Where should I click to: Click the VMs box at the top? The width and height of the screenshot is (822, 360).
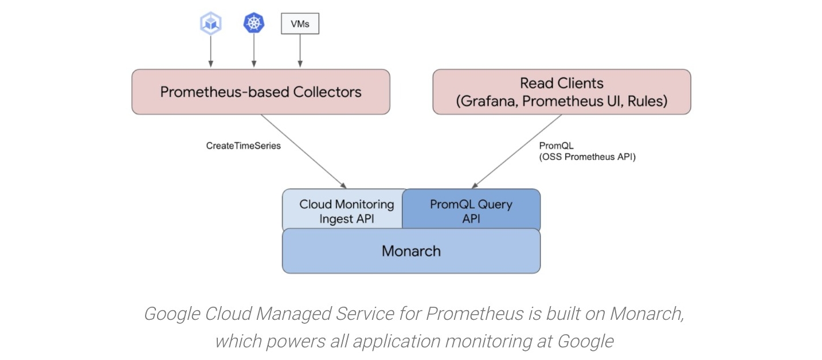[300, 24]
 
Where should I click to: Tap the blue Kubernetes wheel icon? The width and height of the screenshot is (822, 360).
[254, 24]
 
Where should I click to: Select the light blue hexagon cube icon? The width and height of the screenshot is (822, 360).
[210, 24]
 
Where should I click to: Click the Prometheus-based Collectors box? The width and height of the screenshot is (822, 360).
[261, 92]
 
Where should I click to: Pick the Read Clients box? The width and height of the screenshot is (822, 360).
[561, 92]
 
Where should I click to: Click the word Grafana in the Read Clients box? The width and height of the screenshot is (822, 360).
[487, 101]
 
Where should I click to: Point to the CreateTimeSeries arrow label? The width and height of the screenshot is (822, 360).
[244, 146]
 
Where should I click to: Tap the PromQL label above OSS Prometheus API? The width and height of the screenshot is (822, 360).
[556, 146]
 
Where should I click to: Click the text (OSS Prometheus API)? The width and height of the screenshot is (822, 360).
[587, 156]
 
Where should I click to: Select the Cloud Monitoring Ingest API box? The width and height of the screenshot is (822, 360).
[344, 211]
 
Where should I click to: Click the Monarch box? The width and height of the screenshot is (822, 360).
[411, 251]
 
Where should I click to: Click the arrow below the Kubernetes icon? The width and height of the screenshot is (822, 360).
[254, 52]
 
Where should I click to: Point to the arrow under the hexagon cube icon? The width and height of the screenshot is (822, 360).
[210, 52]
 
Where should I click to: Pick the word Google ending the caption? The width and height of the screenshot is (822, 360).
[585, 342]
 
